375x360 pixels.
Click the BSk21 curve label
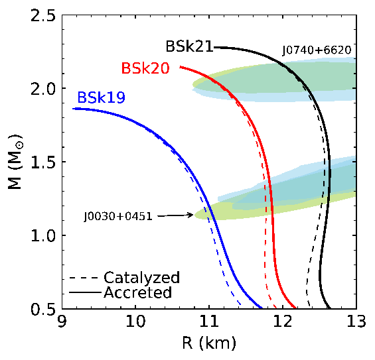[189, 46]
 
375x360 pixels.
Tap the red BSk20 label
[145, 68]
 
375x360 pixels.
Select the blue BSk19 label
[101, 97]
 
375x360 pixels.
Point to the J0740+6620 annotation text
[317, 50]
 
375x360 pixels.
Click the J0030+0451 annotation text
[118, 217]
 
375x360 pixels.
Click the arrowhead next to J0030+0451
[190, 215]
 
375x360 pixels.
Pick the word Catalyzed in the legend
[141, 278]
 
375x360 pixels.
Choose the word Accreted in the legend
[138, 292]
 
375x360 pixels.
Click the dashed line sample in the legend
[84, 278]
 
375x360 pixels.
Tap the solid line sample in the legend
[85, 292]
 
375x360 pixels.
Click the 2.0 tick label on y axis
[43, 89]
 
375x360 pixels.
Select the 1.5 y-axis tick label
[43, 162]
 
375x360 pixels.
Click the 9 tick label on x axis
[62, 321]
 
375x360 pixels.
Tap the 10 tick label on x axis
[135, 321]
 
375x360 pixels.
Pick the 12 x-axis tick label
[283, 321]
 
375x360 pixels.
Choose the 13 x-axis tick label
[356, 321]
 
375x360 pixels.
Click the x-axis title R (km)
[209, 343]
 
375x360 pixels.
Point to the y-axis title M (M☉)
[15, 162]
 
